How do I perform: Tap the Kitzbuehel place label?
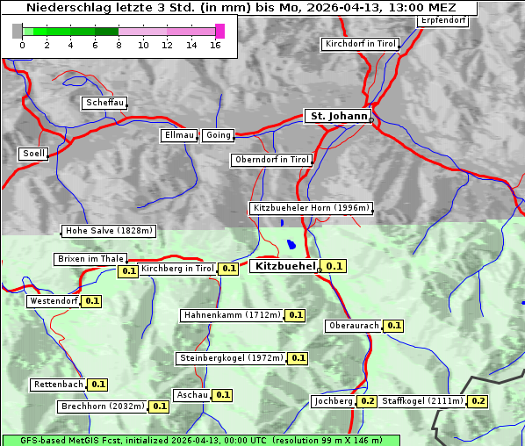point(284,265)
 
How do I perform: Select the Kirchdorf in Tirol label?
point(360,43)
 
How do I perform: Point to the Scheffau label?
point(104,103)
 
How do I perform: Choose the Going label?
point(218,135)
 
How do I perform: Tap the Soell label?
point(33,154)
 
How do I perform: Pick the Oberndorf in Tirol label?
point(272,160)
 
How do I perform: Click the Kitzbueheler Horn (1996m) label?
point(312,208)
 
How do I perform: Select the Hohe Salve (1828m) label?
point(109,231)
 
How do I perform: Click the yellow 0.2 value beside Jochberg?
point(367,401)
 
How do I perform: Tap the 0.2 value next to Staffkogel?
point(478,401)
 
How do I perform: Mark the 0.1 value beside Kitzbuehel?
point(334,266)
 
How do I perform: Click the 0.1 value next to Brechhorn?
point(159,406)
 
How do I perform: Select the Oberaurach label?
point(353,326)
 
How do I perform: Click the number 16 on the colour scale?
point(216,45)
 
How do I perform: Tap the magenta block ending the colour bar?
point(219,31)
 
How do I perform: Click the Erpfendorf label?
point(442,19)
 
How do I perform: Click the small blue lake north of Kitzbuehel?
point(291,246)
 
